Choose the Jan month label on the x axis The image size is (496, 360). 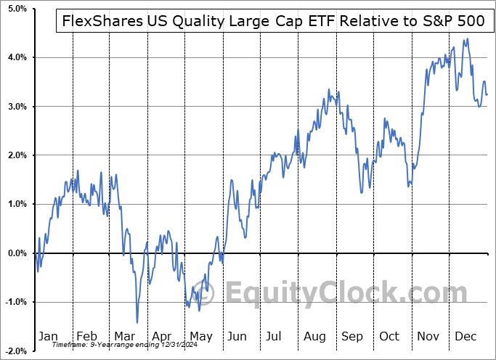[48, 336]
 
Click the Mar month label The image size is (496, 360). [123, 336]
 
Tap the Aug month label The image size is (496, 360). [314, 336]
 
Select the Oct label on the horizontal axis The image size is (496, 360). [390, 336]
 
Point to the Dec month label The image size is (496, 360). [465, 336]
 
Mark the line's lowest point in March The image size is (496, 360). [137, 322]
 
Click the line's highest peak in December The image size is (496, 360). [467, 39]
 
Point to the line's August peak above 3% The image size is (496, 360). [329, 90]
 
